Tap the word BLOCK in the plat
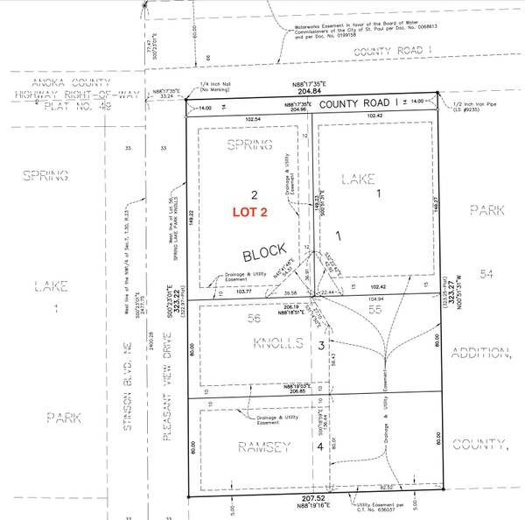[x=264, y=255]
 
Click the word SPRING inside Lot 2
[x=250, y=144]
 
